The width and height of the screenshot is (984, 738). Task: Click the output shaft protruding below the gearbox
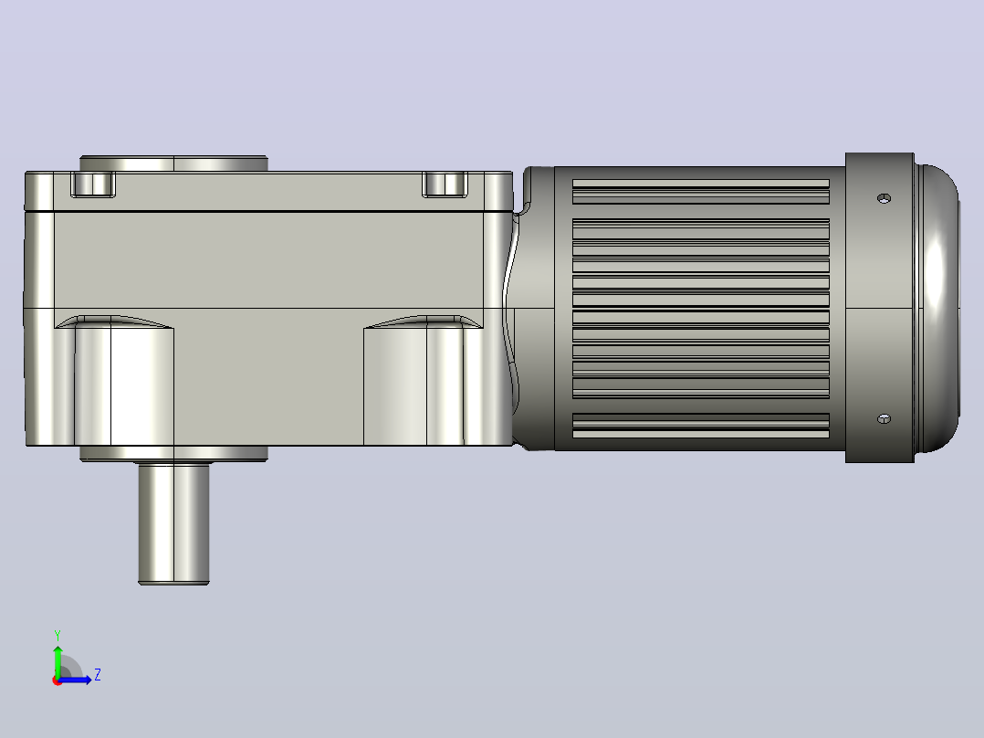tap(173, 524)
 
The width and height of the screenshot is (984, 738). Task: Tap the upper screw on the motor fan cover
tap(884, 198)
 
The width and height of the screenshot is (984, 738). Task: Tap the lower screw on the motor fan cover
tap(884, 419)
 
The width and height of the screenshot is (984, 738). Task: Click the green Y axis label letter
tap(58, 635)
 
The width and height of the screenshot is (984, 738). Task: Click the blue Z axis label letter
tap(98, 675)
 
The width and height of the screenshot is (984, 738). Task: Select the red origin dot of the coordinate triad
tap(58, 680)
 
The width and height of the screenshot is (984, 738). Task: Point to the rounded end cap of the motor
tap(937, 308)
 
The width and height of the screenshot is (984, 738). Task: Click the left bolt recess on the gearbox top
tap(93, 184)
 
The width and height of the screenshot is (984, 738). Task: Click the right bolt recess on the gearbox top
tap(445, 184)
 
